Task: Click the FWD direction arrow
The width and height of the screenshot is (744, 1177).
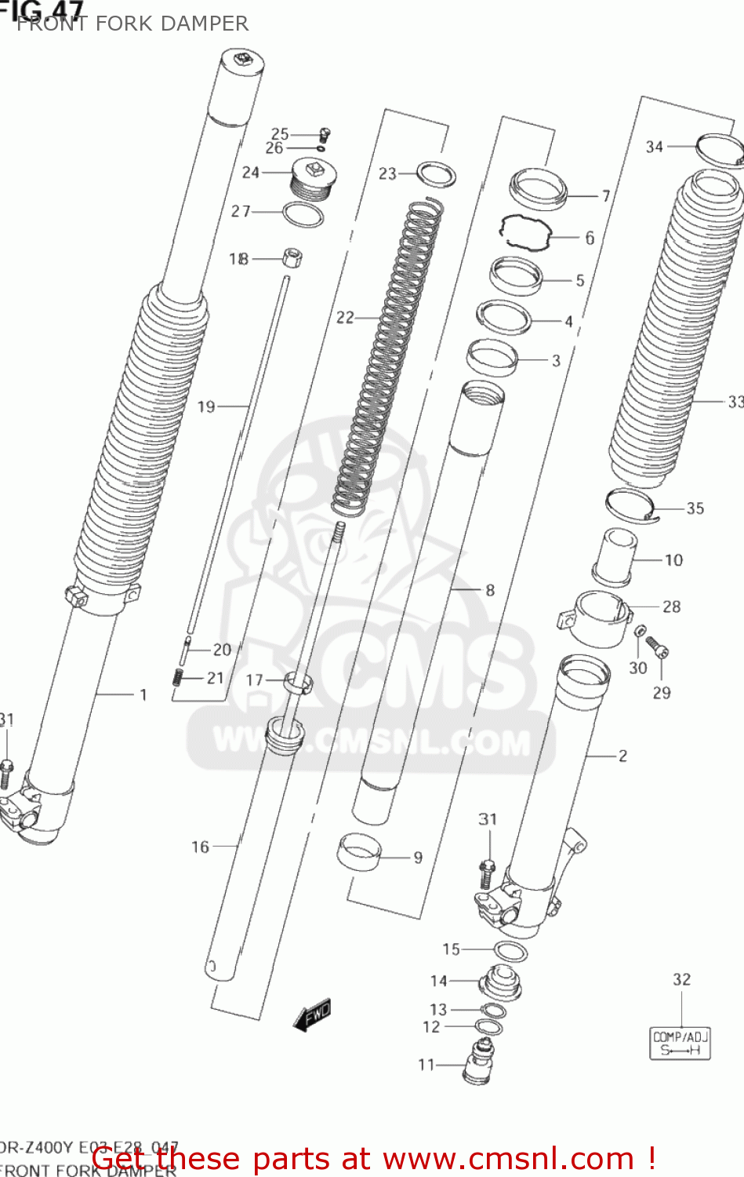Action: [x=312, y=1015]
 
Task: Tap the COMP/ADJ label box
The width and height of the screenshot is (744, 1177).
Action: [x=680, y=1044]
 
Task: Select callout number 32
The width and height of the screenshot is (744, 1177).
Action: [x=681, y=979]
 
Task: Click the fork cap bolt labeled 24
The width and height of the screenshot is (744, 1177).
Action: [x=311, y=178]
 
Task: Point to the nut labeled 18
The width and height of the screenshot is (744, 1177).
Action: [x=292, y=257]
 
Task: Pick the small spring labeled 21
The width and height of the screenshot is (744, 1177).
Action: [x=178, y=676]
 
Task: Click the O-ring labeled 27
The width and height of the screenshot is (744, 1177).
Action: [x=303, y=214]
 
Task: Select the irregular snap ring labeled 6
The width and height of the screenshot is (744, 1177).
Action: [x=525, y=232]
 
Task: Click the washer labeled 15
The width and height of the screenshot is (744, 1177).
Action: [x=510, y=951]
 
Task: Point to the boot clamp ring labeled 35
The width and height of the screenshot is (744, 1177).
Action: [x=630, y=504]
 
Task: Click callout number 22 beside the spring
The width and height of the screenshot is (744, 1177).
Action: [x=345, y=317]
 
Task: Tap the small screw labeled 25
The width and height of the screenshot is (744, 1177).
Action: [x=324, y=135]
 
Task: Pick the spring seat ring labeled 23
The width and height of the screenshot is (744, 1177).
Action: [x=436, y=174]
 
